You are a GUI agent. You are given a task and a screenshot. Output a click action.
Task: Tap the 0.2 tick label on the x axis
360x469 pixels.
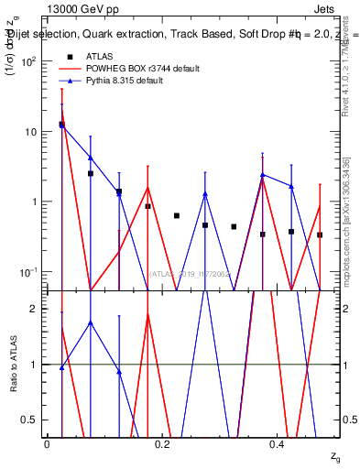pos(162,444)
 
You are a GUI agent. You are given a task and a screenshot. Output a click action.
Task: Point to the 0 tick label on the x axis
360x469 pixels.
pos(47,444)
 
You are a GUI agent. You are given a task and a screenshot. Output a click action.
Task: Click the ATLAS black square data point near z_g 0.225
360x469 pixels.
pos(177,216)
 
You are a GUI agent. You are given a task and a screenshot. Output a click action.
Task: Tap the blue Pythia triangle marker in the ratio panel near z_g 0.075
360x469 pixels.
pos(91,322)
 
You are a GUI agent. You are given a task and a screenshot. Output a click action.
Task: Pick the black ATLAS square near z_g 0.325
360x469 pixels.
pos(234,226)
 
